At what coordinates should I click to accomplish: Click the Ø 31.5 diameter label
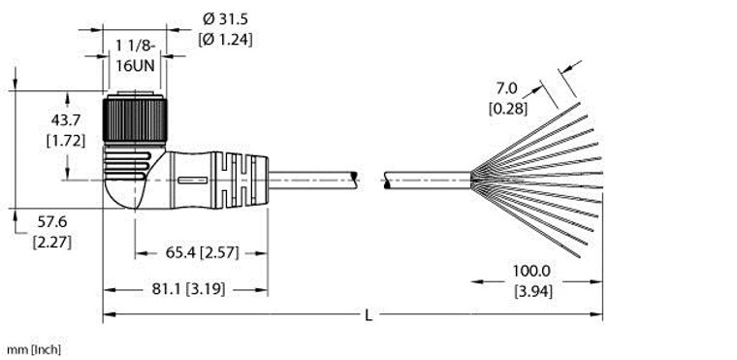click(x=225, y=19)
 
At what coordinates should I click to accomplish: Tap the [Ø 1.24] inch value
click(x=225, y=40)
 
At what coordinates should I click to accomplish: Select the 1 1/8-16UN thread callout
click(x=136, y=55)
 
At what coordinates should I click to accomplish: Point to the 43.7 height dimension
click(x=66, y=120)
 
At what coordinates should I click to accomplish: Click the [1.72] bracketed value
click(x=66, y=141)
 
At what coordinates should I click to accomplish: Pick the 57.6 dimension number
click(x=52, y=221)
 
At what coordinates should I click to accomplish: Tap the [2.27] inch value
click(x=52, y=243)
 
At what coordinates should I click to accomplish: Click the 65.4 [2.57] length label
click(x=202, y=253)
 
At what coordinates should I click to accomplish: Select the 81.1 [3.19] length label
click(x=188, y=289)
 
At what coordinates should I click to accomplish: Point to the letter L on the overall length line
click(x=368, y=315)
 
